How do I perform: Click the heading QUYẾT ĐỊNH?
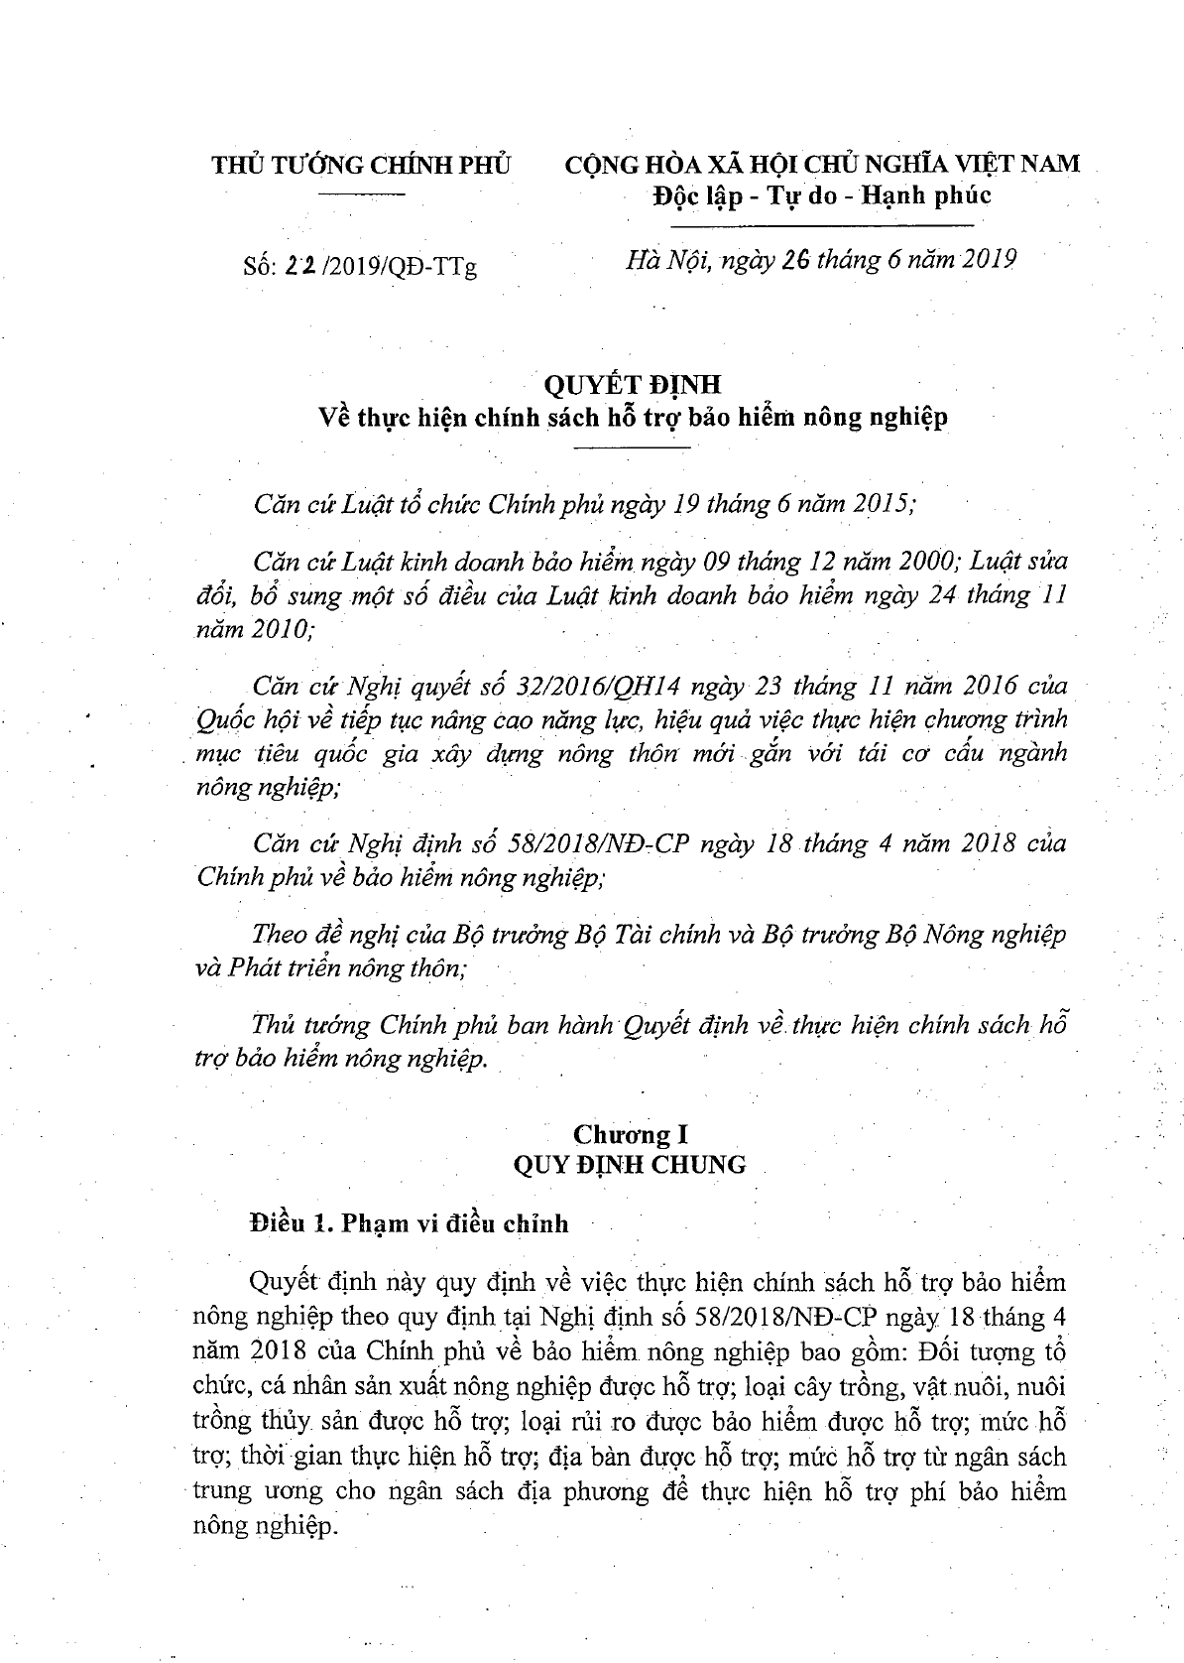tap(631, 384)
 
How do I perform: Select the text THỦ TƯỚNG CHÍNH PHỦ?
tap(361, 164)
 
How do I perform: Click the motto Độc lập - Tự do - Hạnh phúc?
tap(821, 195)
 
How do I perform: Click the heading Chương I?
tap(630, 1133)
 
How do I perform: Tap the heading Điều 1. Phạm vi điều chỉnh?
tap(410, 1223)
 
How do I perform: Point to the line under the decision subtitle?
tap(632, 449)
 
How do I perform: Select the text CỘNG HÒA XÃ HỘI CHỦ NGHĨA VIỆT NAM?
tap(822, 164)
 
